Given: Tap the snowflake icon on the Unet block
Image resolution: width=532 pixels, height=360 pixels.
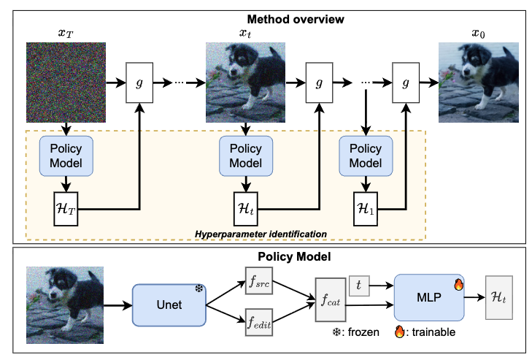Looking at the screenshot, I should [x=198, y=290].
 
